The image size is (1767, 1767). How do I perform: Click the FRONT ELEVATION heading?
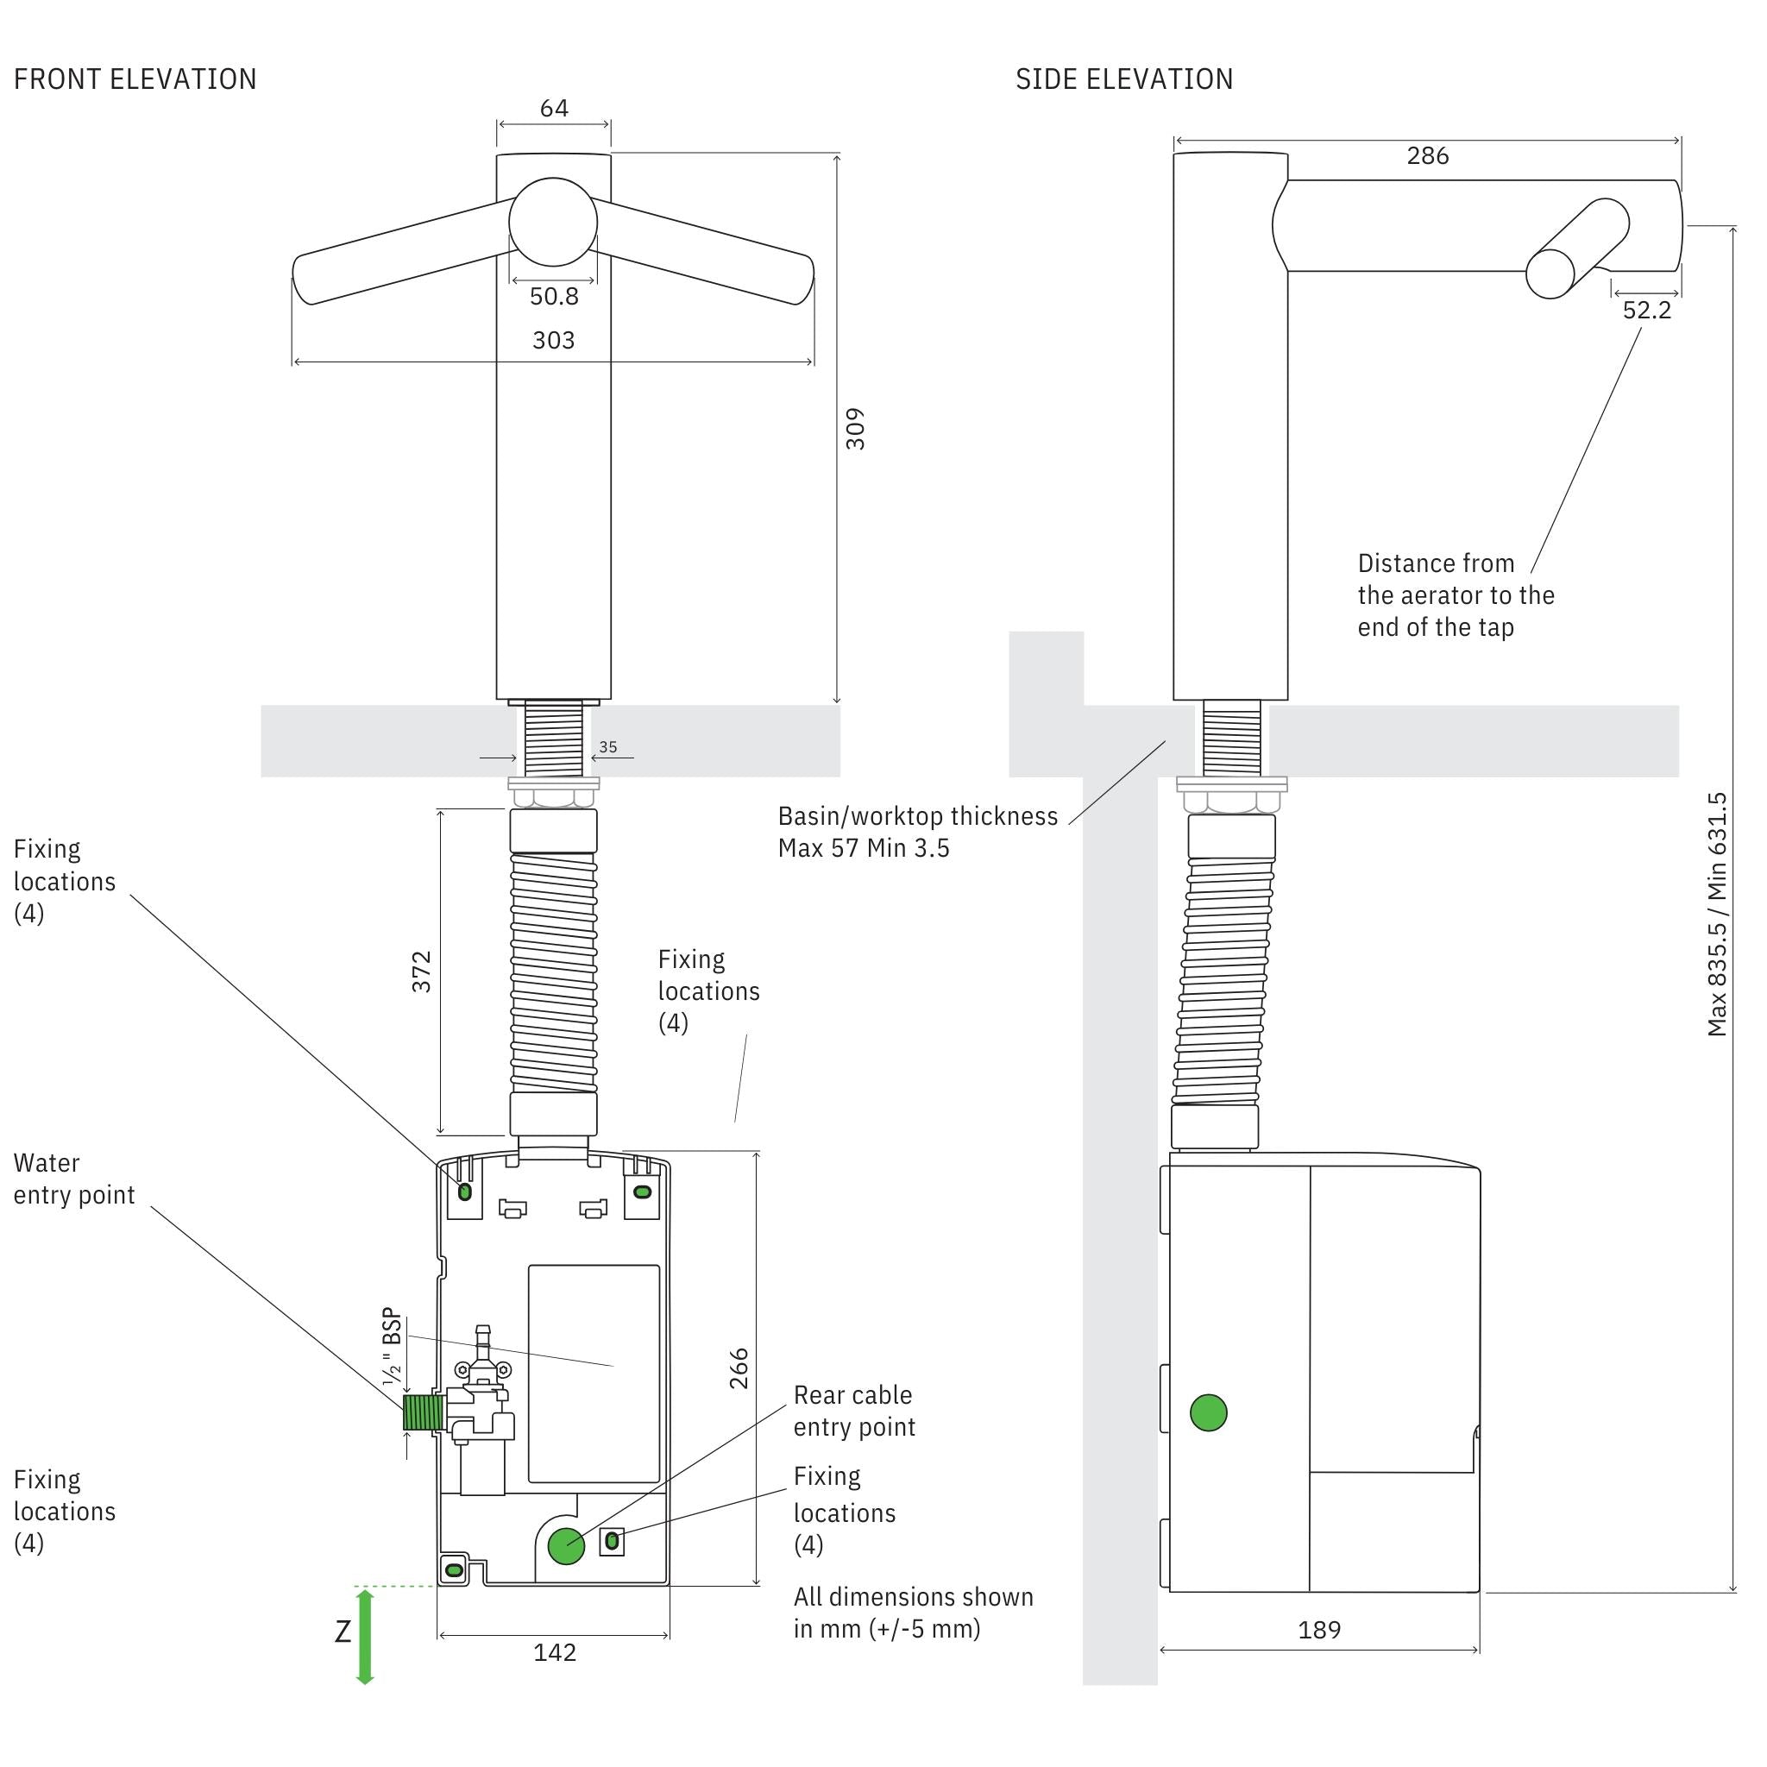coord(135,79)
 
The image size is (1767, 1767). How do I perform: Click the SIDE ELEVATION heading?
coord(1124,79)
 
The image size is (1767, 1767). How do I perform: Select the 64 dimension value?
coord(554,109)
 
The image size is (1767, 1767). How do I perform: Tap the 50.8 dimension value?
coord(554,296)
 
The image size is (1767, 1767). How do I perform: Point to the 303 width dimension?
coord(553,340)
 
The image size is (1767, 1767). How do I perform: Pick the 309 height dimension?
coord(855,428)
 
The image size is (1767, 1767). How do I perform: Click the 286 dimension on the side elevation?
coord(1428,156)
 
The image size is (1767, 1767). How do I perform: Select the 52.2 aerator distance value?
coord(1646,311)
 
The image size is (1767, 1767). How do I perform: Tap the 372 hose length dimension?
coord(421,972)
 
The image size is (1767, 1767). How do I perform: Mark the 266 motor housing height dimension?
coord(739,1368)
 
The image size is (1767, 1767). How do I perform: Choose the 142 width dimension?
coord(555,1651)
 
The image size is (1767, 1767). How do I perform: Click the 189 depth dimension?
coord(1319,1630)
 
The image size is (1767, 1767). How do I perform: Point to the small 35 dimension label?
coord(608,747)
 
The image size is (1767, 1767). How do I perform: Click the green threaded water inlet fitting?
coord(424,1412)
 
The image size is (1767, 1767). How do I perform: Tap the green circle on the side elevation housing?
coord(1208,1413)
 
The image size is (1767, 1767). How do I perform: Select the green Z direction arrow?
coord(365,1637)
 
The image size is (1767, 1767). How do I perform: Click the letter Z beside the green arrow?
coord(343,1632)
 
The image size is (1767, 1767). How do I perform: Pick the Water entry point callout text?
coord(74,1179)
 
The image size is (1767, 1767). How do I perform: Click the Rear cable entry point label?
coord(854,1412)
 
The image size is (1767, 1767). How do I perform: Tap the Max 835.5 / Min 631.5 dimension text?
coord(1717,915)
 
